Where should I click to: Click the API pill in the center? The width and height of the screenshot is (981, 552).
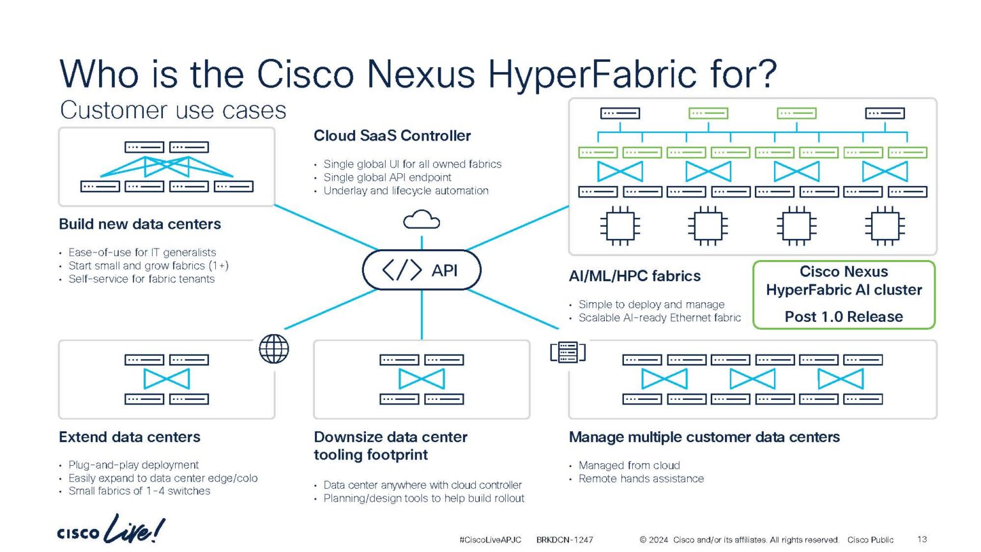coord(422,270)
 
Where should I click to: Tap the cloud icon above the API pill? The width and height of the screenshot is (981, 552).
coord(422,220)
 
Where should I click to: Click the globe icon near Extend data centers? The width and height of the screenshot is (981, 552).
coord(274,349)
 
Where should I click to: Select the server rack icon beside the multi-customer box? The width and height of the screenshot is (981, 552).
coord(568,352)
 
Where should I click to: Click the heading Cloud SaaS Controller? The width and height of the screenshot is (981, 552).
coord(392,135)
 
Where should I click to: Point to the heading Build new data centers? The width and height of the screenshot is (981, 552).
coord(140,224)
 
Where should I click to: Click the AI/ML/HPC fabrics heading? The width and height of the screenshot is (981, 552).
coord(635,276)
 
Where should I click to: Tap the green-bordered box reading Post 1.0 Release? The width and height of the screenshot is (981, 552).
coord(844,295)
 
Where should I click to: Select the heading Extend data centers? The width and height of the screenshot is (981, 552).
coord(130,437)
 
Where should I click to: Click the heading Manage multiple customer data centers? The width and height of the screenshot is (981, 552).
coord(704,437)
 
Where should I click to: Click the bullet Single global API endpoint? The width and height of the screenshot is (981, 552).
coord(387,178)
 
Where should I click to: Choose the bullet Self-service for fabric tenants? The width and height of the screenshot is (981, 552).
coord(141,279)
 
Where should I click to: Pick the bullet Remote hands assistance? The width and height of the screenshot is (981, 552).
coord(641,479)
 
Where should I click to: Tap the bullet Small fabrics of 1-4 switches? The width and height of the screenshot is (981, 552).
coord(139,491)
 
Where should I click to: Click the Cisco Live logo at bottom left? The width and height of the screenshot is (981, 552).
coord(110,530)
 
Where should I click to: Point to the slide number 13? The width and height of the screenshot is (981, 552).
coord(922,539)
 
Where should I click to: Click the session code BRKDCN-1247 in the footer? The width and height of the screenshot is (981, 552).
coord(565,540)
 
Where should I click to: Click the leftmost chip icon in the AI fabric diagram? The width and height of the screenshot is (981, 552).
coord(620,226)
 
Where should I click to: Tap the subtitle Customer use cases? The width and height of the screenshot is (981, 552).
coord(173,110)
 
